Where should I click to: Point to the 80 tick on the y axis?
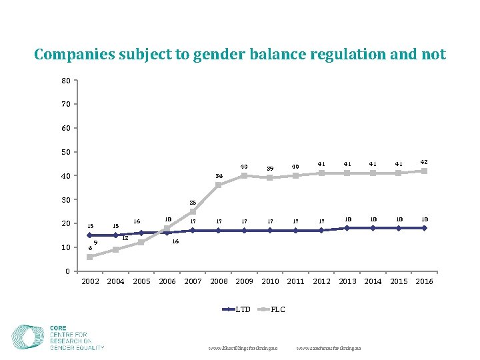pos(66,81)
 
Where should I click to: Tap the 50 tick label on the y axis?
pos(66,152)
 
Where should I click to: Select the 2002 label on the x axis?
pos(91,281)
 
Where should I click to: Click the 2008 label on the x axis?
pos(219,281)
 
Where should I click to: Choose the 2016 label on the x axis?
pos(424,281)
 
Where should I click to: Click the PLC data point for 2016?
pos(424,171)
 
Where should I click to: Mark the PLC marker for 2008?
pos(219,185)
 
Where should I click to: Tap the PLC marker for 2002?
pos(90,257)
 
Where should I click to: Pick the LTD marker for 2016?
pos(424,228)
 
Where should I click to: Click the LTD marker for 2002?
pos(90,235)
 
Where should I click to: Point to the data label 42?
pos(424,161)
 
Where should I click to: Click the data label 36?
pos(219,175)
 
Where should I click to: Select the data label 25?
pos(193,203)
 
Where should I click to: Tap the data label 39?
pos(270,169)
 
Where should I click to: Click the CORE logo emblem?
pos(29,337)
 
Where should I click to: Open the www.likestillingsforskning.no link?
pos(243,348)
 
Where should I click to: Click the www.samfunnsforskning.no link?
pos(329,348)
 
